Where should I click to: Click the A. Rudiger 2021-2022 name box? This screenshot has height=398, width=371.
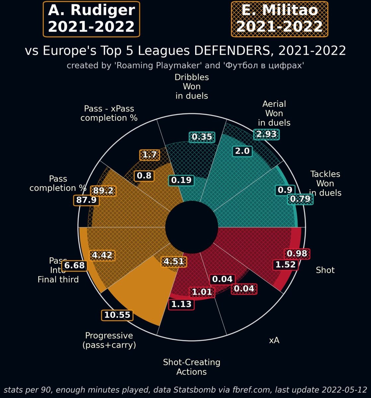click(91, 19)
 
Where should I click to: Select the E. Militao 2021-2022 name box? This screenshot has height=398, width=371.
click(279, 19)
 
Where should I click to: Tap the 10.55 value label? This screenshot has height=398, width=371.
click(117, 315)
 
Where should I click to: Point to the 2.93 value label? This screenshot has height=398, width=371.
click(266, 134)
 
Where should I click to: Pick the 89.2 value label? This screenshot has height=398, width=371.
click(103, 191)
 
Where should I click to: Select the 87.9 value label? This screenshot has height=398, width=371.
click(86, 200)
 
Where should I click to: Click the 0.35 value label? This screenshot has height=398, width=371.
click(202, 137)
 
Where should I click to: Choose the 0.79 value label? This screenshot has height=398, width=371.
click(300, 199)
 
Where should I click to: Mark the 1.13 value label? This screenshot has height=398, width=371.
click(181, 304)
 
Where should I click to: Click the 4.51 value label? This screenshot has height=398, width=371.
click(174, 261)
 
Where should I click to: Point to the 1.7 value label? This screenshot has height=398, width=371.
click(149, 155)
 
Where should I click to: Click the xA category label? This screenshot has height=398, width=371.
click(274, 340)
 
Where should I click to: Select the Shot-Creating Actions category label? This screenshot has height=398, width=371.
click(191, 367)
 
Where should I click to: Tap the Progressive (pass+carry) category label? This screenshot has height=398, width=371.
click(109, 340)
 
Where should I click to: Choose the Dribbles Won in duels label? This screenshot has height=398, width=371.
click(192, 87)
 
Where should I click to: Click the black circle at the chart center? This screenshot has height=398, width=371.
click(191, 227)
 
